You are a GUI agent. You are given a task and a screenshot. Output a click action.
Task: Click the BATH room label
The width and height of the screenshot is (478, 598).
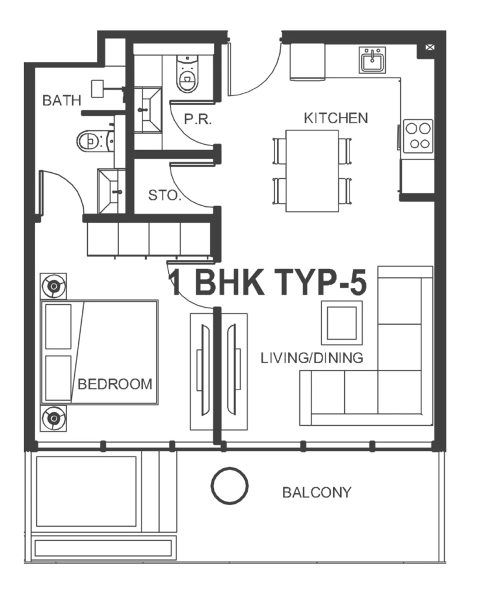point(62,100)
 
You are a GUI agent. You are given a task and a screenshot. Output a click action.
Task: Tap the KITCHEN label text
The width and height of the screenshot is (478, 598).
point(335,118)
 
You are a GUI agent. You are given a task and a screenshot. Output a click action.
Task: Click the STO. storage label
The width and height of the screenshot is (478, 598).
point(164,195)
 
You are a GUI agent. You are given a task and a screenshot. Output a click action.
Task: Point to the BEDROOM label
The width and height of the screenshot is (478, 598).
point(115,384)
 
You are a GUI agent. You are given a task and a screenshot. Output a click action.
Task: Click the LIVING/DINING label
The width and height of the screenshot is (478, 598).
point(312,357)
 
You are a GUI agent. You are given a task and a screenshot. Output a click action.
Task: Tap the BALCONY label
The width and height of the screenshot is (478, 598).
point(317,492)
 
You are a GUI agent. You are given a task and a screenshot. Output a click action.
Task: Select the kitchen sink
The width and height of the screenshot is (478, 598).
point(372,60)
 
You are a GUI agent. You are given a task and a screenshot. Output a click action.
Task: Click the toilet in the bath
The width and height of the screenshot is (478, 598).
point(90,140)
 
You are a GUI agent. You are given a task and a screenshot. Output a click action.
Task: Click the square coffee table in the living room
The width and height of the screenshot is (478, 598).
point(341,322)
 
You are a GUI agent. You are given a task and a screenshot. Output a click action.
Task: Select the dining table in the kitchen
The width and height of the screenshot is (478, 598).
point(311,171)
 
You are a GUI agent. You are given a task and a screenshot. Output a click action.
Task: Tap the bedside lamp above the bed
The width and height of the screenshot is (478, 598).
point(54,286)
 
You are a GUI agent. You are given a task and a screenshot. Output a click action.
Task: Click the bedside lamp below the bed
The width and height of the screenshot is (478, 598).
point(54,418)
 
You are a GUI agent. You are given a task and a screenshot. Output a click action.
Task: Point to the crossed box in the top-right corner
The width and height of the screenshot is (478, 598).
point(430,48)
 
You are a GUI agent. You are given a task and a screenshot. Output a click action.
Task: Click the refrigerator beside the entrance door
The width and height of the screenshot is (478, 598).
point(307,61)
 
